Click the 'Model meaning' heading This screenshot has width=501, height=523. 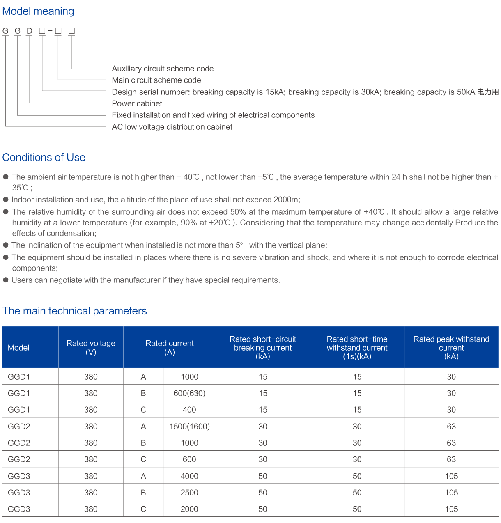[x=38, y=11]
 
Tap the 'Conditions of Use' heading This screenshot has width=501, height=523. [x=44, y=158]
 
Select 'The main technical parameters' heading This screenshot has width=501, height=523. [x=75, y=311]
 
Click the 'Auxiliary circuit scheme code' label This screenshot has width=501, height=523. [x=163, y=69]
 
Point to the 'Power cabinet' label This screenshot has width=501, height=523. [x=137, y=103]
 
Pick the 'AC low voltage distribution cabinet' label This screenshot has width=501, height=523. [x=172, y=127]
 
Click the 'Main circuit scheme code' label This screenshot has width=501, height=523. [x=156, y=80]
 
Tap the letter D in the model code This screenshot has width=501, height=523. [x=30, y=31]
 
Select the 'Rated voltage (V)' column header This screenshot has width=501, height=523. [x=91, y=347]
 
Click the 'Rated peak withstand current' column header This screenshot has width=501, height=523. [x=451, y=347]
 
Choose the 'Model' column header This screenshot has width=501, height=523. [x=18, y=348]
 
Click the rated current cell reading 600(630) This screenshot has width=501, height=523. [x=189, y=393]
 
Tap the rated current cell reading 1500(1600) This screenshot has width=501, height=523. [x=189, y=427]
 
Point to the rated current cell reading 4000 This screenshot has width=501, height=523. [x=189, y=476]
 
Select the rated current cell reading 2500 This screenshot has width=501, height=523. [x=189, y=493]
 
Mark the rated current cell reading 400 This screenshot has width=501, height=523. [x=189, y=410]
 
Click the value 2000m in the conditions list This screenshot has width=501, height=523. [x=286, y=200]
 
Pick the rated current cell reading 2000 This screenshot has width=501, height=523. [x=189, y=509]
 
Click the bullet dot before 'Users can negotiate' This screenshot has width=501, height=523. [x=6, y=280]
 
